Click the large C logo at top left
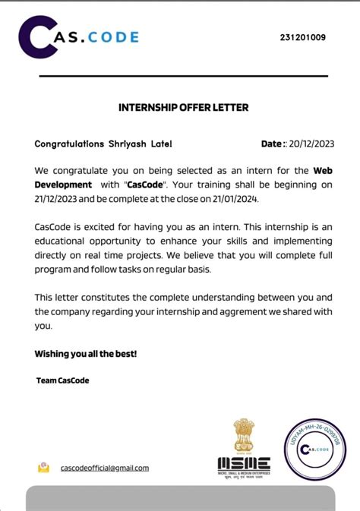point(36,36)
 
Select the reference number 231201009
point(303,36)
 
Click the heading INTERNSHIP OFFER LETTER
point(183,107)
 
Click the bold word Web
point(323,171)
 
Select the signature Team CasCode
point(62,380)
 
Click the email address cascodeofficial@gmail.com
point(105,468)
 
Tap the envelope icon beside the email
point(44,468)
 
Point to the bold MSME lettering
point(244,463)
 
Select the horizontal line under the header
point(183,76)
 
